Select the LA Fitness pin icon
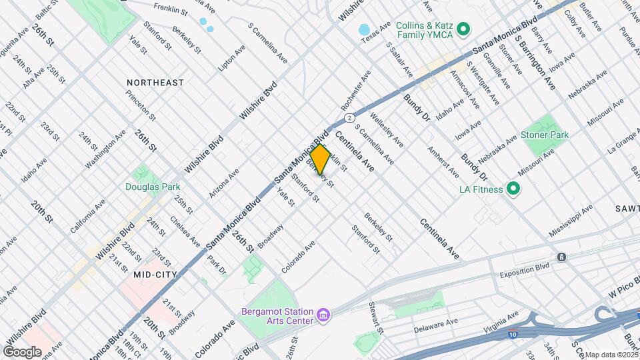(x=513, y=189)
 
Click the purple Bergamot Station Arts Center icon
(x=323, y=313)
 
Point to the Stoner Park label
(x=545, y=135)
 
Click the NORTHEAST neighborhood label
(x=155, y=83)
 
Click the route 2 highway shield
(x=348, y=117)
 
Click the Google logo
(x=22, y=351)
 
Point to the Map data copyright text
(x=612, y=355)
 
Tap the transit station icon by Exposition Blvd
(x=562, y=257)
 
